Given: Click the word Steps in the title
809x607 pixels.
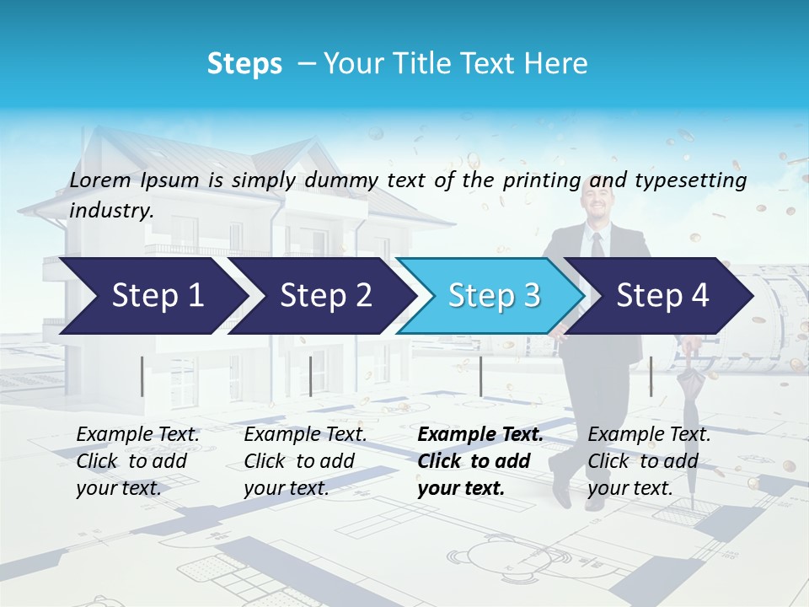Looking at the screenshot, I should [x=244, y=64].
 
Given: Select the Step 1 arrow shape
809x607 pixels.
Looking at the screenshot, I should [x=152, y=296].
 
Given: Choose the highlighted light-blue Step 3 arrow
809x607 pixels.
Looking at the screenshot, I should [x=493, y=296].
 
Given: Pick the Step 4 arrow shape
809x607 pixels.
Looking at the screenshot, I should [x=662, y=296].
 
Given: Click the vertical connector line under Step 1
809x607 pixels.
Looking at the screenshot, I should [x=142, y=376].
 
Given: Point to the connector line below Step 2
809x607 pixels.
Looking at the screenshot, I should [x=311, y=376].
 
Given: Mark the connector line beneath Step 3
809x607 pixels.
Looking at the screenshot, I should [x=480, y=376].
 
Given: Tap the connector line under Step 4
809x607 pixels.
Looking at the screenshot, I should [x=651, y=376].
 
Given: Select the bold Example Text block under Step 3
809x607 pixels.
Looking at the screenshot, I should [x=479, y=461].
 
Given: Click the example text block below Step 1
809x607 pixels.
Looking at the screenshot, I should [x=137, y=461].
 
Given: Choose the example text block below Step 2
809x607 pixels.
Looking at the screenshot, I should [x=305, y=461].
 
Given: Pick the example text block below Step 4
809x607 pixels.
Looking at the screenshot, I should [x=649, y=461].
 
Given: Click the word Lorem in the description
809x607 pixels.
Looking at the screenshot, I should [x=100, y=180].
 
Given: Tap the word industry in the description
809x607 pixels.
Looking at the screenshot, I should [x=110, y=211].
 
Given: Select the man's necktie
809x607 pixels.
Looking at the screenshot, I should [x=597, y=245].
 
